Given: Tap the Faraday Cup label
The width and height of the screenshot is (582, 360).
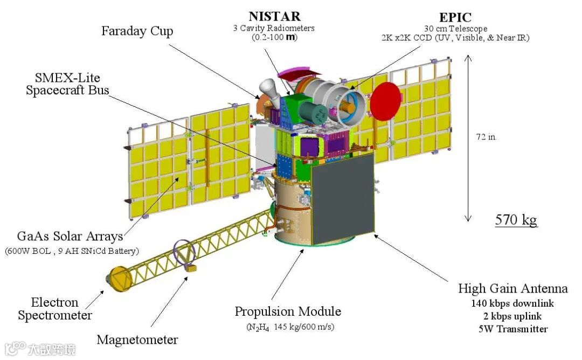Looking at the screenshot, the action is (x=137, y=31).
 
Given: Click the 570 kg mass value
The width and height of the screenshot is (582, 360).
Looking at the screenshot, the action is (x=516, y=219).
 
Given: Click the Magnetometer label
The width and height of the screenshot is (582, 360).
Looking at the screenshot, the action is (x=137, y=340).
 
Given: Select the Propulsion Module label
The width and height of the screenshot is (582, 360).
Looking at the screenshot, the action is (x=288, y=311).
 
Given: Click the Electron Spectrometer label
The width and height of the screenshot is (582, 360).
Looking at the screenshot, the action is (x=55, y=309).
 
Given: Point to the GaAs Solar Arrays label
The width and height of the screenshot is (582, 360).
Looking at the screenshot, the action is (x=70, y=237).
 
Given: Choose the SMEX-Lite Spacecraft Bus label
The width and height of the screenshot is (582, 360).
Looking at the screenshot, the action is (x=67, y=84).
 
